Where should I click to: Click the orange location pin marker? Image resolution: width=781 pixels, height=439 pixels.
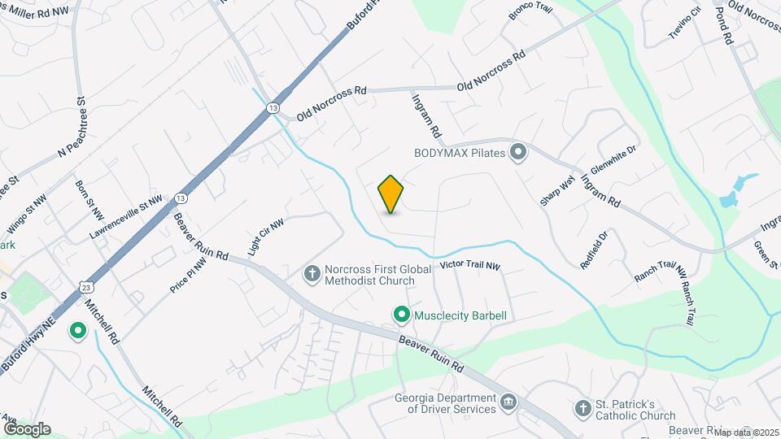click(391, 194)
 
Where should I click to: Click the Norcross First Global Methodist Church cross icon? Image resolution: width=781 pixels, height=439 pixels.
click(312, 274)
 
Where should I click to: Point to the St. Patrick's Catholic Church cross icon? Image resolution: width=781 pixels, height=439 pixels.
click(582, 409)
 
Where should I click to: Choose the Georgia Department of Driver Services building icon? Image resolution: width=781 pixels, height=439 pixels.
click(508, 402)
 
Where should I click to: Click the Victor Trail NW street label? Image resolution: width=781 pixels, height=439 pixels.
click(469, 266)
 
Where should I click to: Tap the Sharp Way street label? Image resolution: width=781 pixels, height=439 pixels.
click(557, 189)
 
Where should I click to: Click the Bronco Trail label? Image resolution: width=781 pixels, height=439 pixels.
click(530, 11)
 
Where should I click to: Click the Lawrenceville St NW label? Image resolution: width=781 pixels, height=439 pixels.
click(126, 216)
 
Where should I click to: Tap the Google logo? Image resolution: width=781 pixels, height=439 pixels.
click(26, 429)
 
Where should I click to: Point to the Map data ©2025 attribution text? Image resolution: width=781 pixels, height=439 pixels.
click(747, 432)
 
